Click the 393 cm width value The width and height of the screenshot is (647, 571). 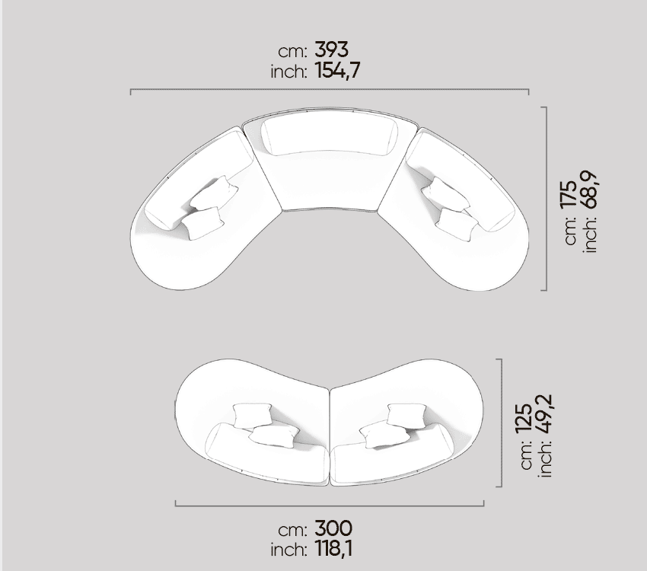(331, 49)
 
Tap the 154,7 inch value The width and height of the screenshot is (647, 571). (337, 70)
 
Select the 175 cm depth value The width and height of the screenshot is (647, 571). (569, 194)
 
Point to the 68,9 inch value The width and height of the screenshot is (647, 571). (588, 189)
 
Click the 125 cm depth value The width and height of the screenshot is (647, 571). (524, 418)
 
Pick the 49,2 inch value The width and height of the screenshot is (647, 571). (543, 414)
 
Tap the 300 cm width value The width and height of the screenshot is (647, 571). (333, 528)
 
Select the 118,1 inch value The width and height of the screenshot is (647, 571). (334, 549)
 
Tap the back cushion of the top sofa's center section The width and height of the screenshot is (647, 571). (330, 136)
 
